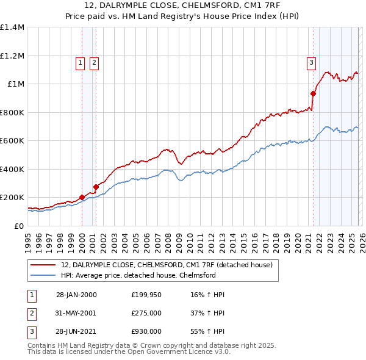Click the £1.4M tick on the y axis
[12, 27]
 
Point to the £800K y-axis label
[12, 112]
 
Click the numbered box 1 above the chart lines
[81, 62]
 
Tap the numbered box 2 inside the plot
[95, 62]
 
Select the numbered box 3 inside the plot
[311, 62]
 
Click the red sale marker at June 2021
[314, 94]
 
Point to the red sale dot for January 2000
[82, 198]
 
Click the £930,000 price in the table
[146, 331]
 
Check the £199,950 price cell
[146, 295]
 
